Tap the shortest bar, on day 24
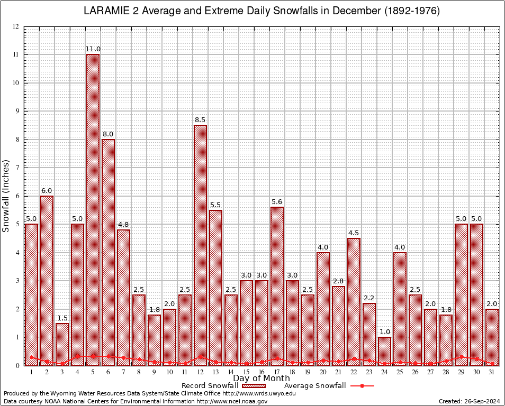pos(384,351)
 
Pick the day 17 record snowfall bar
pos(277,286)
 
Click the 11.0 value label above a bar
pos(93,49)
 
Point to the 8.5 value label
pos(200,120)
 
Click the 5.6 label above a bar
pos(277,201)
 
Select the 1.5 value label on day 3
pos(62,318)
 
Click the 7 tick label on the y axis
pos(17,168)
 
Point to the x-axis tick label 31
pos(492,372)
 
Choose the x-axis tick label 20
pos(323,372)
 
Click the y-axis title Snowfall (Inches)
pos(6,196)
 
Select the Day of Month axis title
pos(261,379)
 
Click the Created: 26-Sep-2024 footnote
pos(469,401)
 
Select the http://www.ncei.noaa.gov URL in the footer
pos(232,401)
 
